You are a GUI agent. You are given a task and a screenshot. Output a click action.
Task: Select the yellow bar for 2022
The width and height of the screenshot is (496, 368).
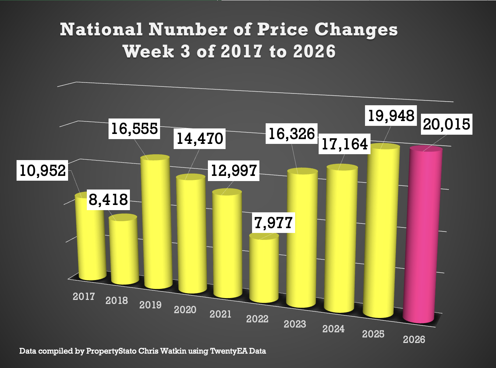click(264, 269)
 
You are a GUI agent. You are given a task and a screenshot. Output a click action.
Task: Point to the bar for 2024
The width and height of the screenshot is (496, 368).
click(341, 239)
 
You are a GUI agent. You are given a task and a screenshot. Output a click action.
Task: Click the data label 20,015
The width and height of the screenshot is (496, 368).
click(446, 124)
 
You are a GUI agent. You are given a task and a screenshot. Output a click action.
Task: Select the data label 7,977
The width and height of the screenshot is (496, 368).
click(273, 223)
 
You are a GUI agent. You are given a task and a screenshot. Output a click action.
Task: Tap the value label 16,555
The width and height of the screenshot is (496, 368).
click(134, 128)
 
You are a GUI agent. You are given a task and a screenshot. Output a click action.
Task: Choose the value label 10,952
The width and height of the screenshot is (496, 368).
click(43, 170)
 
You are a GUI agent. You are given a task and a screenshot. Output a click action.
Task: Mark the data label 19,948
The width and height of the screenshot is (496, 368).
click(391, 116)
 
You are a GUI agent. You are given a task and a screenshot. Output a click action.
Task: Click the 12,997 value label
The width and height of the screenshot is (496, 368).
click(234, 170)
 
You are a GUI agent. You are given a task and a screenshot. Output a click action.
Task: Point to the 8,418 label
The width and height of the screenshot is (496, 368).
click(108, 200)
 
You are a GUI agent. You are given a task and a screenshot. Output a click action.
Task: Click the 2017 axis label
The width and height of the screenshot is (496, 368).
click(84, 296)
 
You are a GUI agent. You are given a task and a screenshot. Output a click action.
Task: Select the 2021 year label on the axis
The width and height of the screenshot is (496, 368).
click(220, 314)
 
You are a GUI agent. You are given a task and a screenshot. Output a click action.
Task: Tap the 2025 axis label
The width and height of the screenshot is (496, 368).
click(373, 334)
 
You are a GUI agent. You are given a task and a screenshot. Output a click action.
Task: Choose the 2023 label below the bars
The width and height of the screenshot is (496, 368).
click(295, 324)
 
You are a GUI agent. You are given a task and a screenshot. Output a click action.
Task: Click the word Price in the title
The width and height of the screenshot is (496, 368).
click(283, 29)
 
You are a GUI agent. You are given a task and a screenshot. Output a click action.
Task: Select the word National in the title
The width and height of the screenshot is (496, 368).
click(101, 29)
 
